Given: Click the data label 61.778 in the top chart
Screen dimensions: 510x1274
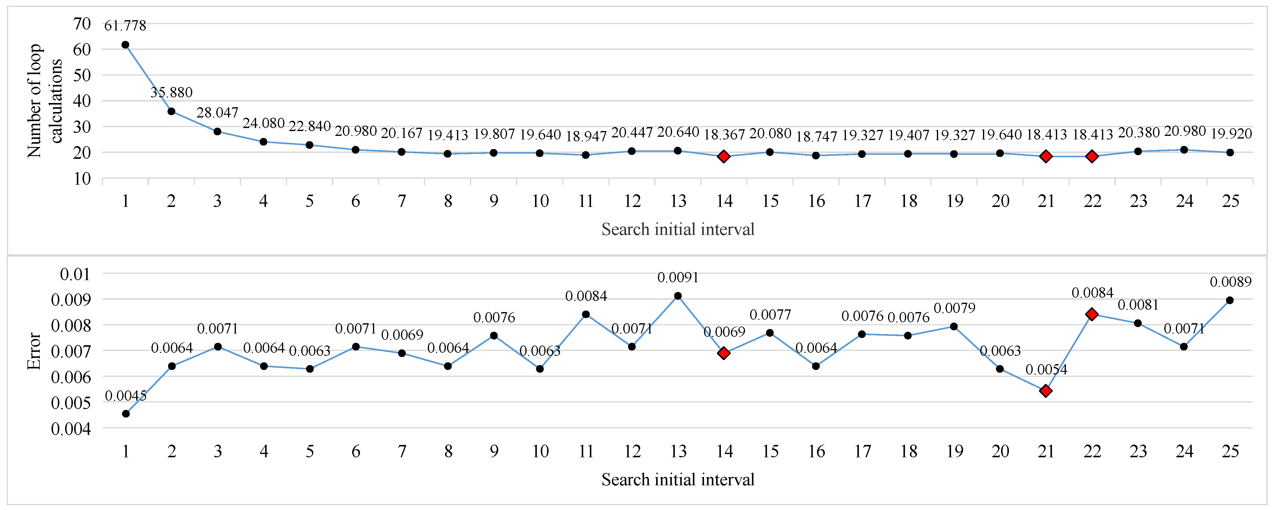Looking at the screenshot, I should point(125,25).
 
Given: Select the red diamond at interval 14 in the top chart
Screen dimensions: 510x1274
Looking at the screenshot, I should point(724,157).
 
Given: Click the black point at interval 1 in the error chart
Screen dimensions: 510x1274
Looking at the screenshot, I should point(126,414).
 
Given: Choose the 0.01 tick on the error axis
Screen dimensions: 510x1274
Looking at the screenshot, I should point(75,274).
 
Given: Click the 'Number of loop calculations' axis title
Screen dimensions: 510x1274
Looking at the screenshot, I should point(45,101).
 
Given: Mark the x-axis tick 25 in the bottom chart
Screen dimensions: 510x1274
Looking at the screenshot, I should point(1230,451).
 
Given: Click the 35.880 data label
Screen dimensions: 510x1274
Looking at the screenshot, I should point(171,92).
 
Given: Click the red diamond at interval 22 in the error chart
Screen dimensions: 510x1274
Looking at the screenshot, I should point(1092,314).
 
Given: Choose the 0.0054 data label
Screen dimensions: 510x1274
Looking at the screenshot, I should point(1046,370).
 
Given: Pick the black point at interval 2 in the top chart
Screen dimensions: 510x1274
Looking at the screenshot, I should point(171,111).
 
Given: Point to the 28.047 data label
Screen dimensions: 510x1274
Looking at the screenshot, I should point(217,113).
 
